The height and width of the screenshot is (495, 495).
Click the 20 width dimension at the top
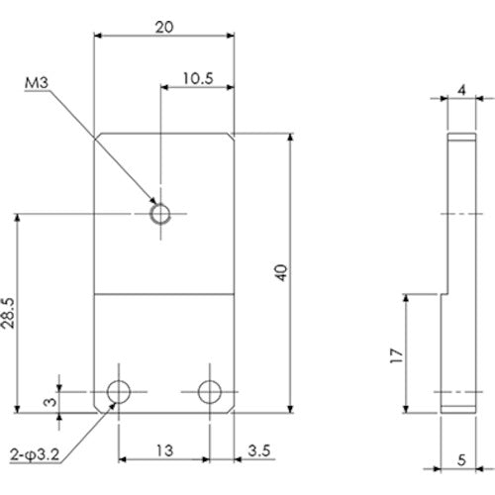click(164, 28)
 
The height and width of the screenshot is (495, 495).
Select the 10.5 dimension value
click(196, 77)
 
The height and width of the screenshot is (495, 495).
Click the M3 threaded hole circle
click(159, 213)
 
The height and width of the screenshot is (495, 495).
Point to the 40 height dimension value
click(280, 273)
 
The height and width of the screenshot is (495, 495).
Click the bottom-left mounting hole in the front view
click(119, 391)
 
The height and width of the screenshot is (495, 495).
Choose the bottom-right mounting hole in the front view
click(209, 391)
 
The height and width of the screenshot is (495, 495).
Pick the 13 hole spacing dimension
click(164, 450)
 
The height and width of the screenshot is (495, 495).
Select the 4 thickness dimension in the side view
click(461, 89)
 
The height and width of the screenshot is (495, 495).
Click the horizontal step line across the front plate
click(164, 294)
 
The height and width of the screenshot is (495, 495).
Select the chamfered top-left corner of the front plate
click(98, 137)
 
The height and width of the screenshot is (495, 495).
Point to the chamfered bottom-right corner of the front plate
click(232, 407)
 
